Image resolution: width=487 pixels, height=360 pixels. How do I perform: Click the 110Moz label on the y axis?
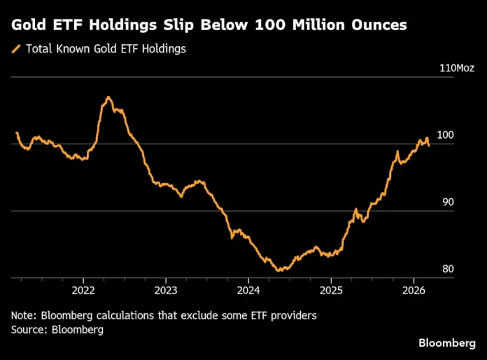457,68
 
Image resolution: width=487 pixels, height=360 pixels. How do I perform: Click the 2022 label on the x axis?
83,290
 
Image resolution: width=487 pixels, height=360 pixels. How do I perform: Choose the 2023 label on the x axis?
166,290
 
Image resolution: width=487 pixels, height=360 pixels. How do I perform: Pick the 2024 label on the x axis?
248,290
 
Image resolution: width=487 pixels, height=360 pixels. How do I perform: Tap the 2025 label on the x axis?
331,290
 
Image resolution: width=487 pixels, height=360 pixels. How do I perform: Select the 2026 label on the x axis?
414,290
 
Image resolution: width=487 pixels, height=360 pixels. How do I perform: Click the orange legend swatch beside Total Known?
16,49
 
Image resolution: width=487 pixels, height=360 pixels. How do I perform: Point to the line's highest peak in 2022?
108,97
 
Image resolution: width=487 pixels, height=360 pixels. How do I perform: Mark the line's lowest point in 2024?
278,270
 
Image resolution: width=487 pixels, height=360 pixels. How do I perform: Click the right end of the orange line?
429,145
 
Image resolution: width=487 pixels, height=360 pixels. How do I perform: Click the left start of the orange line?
16,132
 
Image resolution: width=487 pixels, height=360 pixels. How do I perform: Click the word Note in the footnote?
24,316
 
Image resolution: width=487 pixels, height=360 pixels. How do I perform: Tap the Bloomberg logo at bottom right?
446,342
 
